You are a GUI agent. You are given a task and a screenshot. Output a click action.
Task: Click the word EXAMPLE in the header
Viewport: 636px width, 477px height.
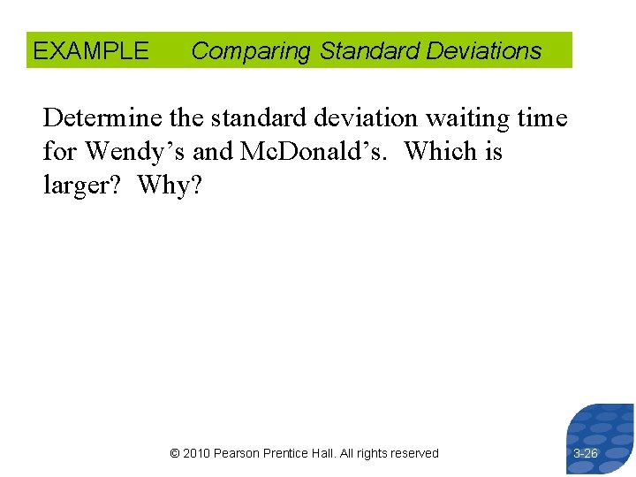91,51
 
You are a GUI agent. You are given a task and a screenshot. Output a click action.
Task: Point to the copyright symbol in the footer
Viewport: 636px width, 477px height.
174,453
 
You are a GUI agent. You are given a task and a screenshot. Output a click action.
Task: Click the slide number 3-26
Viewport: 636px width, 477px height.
585,453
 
